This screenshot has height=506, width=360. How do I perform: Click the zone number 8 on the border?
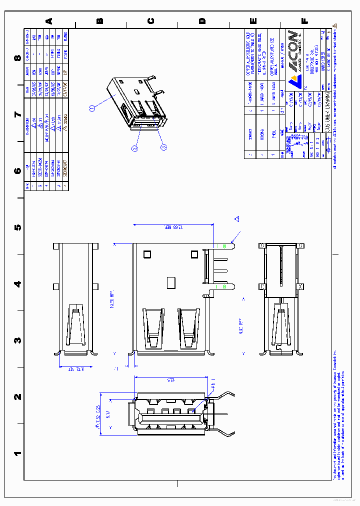pos(18,58)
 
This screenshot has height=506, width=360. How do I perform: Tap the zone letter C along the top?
pos(151,21)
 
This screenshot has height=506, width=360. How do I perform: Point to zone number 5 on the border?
pos(18,227)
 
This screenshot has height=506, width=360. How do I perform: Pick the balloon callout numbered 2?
pos(134,147)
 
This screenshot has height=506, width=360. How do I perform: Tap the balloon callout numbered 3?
pos(163,147)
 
